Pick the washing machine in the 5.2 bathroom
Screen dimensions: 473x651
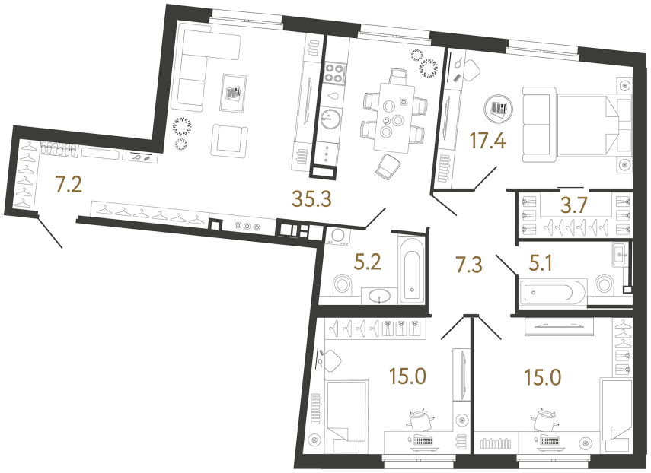click(x=336, y=236)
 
